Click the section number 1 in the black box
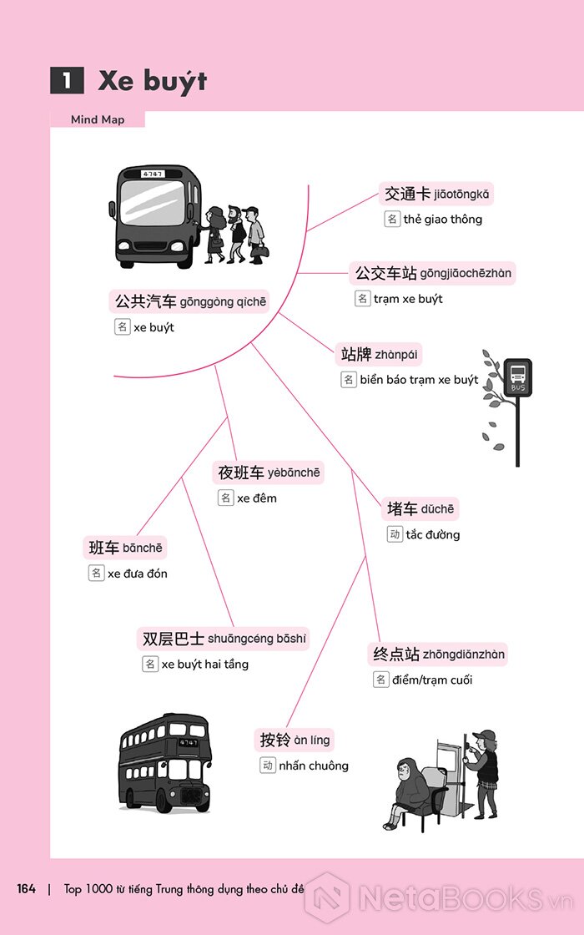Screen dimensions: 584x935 point(67,80)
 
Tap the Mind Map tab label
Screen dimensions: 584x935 point(98,119)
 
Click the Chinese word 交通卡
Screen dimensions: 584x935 point(407,194)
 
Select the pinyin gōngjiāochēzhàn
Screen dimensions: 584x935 point(466,274)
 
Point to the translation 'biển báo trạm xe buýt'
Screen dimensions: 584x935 point(419,380)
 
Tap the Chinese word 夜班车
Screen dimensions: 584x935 point(241,473)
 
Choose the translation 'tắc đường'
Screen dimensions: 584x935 point(433,535)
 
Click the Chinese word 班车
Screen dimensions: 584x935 point(104,548)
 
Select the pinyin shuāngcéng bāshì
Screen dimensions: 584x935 point(257,639)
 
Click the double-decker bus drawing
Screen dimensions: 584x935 point(165,763)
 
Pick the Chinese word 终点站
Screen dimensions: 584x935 point(396,654)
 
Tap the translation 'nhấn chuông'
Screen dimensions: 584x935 point(314,766)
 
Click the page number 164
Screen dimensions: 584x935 point(26,888)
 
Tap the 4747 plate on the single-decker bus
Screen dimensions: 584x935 point(153,174)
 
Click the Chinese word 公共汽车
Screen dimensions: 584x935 point(145,301)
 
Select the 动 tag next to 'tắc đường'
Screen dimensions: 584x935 point(395,534)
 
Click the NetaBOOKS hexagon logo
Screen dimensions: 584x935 point(327,897)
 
